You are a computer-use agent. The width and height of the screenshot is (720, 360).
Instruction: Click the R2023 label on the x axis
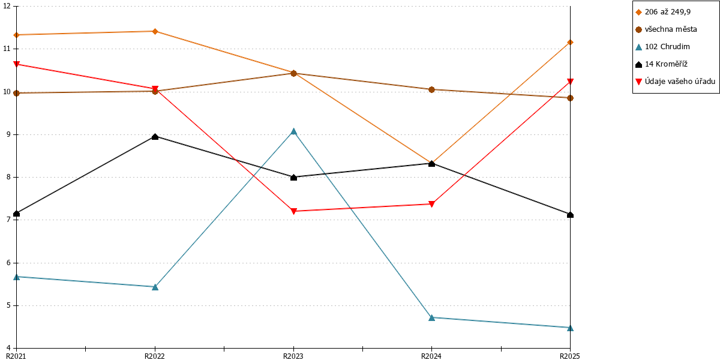(293, 356)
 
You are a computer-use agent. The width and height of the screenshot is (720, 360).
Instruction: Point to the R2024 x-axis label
(431, 356)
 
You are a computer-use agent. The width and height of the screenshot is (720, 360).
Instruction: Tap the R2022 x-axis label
(155, 356)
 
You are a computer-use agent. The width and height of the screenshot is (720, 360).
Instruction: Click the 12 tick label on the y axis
(7, 6)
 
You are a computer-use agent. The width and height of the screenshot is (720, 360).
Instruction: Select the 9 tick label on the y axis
(8, 134)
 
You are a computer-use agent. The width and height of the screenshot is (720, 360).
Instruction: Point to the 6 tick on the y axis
(8, 263)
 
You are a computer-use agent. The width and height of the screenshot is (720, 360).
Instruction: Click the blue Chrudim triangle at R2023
(293, 131)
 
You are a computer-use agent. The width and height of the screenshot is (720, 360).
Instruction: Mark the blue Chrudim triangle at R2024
(431, 317)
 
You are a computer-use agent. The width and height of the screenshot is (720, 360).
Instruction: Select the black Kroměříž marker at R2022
(155, 137)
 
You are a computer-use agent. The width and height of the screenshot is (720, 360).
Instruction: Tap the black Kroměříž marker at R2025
(570, 214)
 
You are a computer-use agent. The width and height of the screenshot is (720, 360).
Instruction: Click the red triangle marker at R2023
(293, 211)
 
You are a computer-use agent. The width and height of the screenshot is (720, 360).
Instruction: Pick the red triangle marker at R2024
(431, 204)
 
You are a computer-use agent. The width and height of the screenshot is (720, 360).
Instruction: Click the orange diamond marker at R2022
(155, 31)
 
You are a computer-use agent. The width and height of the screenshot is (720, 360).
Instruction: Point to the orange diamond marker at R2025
(570, 43)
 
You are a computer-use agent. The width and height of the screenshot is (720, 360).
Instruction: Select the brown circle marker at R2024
(431, 89)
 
